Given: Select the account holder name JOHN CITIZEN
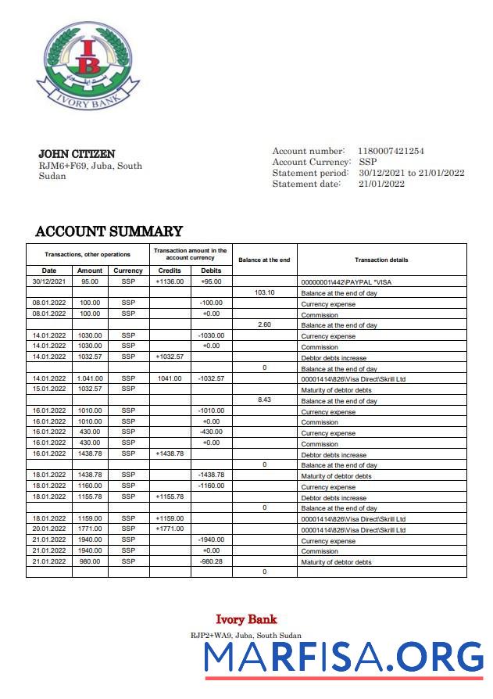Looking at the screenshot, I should tap(77, 154).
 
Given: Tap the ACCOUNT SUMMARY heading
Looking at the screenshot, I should tap(109, 231).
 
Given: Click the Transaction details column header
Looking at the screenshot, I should tap(381, 260).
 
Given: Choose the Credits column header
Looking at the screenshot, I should tap(170, 271).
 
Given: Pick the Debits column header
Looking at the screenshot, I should tap(211, 271).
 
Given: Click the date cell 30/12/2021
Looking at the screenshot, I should tap(48, 281).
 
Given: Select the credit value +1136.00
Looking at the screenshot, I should tap(170, 281).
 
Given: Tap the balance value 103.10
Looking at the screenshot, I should tap(265, 292).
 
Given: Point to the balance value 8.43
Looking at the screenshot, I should tap(265, 400).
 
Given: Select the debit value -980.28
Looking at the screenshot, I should tap(211, 561).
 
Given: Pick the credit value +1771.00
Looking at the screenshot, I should tap(170, 529).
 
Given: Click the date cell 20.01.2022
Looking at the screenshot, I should tap(48, 529).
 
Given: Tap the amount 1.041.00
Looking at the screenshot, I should tap(89, 378).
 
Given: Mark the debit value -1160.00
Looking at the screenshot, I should tap(211, 486).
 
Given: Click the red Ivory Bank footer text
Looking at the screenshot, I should tap(246, 619).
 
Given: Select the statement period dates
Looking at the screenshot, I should tap(411, 173).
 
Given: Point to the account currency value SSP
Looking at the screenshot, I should tap(367, 162).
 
